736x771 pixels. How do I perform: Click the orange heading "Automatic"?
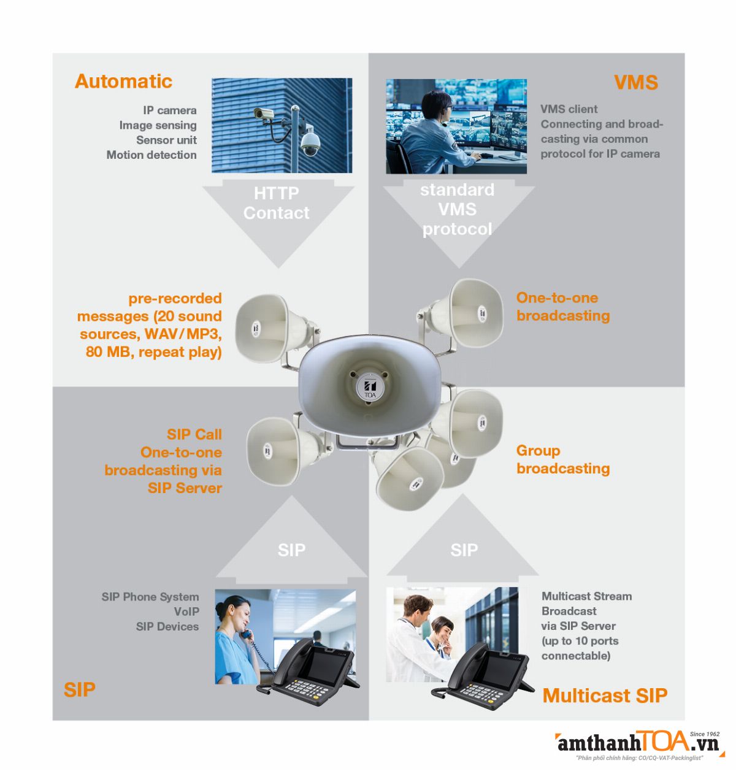point(123,81)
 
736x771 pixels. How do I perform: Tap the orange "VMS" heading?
point(635,82)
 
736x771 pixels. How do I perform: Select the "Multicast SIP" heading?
point(605,696)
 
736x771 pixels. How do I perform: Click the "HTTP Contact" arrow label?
point(276,203)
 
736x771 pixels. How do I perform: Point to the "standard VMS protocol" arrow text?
point(457,209)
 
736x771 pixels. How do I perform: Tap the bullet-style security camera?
point(263,113)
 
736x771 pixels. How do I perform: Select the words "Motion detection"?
point(151,155)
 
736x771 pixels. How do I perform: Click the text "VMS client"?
point(569,109)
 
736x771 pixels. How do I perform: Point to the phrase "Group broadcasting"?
point(562,459)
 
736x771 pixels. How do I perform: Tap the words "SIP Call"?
point(194,434)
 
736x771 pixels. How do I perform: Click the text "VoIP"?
point(186,612)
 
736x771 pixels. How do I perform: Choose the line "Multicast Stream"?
point(586,596)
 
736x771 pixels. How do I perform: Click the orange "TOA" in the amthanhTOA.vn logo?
point(666,741)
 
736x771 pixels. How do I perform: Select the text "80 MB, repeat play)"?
point(153,352)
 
